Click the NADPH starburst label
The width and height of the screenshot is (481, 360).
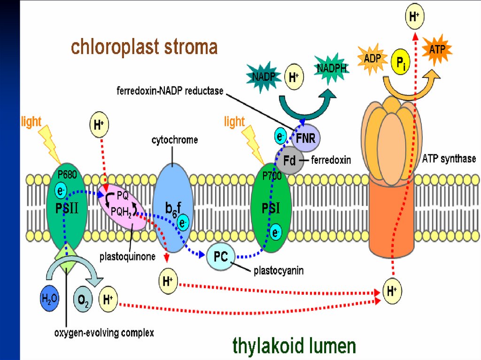point(332,68)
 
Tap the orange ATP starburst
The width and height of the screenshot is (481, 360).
point(437,48)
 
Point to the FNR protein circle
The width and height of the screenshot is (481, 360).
point(305,138)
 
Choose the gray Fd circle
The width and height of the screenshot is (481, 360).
point(290,161)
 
